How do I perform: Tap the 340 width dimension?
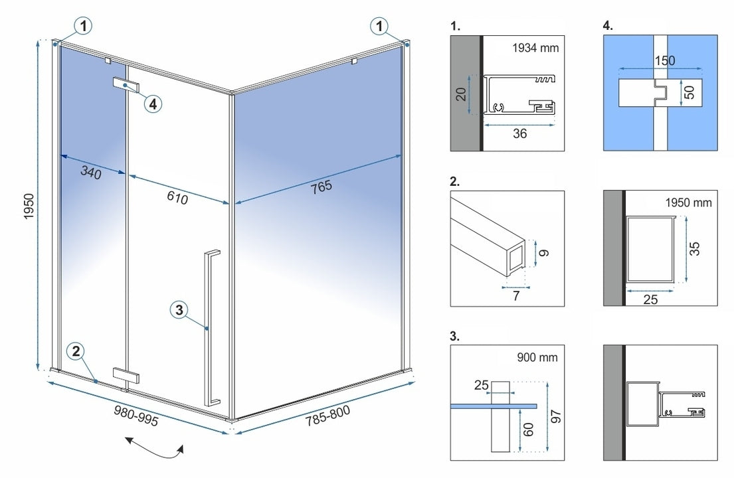(x=91, y=174)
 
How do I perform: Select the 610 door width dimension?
(x=178, y=197)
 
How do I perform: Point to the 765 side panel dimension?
(x=321, y=187)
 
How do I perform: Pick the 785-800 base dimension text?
(x=327, y=417)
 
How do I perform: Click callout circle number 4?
(x=153, y=104)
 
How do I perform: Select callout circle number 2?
(x=77, y=352)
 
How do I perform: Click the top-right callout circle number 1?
(x=379, y=27)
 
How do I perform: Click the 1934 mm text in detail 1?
(x=535, y=48)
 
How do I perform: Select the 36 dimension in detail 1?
(x=520, y=133)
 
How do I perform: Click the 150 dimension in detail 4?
(x=664, y=60)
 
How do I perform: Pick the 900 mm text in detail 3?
(x=537, y=357)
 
